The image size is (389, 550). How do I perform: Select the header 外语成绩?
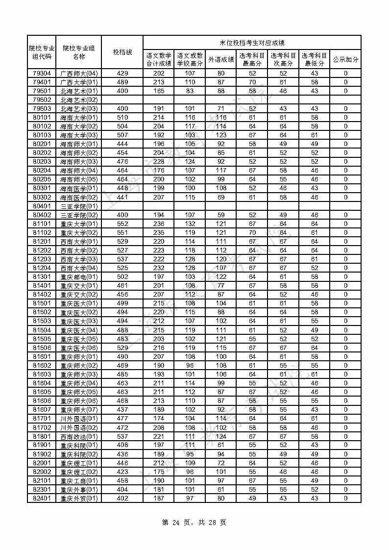(x=221, y=59)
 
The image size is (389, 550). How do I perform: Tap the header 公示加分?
(x=345, y=59)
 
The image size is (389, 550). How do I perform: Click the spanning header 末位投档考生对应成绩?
(x=252, y=43)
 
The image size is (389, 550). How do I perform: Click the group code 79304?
(x=42, y=73)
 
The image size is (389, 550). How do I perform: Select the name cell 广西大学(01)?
(x=79, y=82)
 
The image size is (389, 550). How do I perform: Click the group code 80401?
(x=42, y=206)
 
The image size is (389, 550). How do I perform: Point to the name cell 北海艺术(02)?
(x=79, y=100)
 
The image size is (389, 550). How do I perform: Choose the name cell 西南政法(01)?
(x=79, y=436)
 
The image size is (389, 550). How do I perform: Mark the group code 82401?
(x=42, y=498)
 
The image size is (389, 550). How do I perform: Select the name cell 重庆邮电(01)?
(x=79, y=277)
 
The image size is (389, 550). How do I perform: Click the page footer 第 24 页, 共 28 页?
(x=194, y=523)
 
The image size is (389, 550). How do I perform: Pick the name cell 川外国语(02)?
(x=79, y=427)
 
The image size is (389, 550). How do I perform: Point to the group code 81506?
(x=42, y=348)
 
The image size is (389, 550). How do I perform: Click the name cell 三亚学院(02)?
(x=79, y=215)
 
